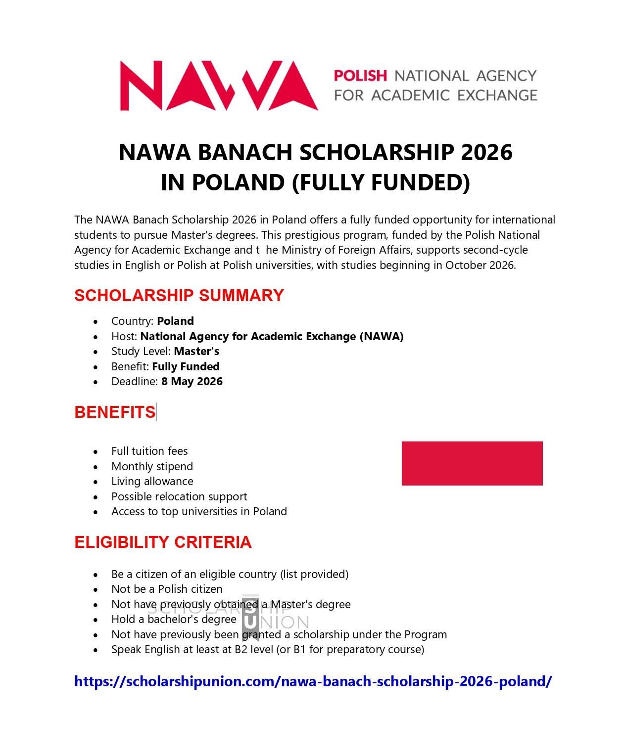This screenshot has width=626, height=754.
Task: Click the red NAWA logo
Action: pos(218,86)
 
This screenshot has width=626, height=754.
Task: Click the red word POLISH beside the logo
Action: pos(360,76)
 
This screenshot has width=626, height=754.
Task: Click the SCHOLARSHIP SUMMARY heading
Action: pos(179,295)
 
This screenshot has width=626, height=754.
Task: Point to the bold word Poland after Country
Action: pos(175,321)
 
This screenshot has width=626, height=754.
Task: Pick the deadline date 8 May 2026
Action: pos(192,381)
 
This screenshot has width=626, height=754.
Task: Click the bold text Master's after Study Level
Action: pos(196,351)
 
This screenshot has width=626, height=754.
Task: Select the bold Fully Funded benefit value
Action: pos(186,366)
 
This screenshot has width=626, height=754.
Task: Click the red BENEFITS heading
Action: pos(115,412)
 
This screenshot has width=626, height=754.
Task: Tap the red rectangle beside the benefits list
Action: pos(472,463)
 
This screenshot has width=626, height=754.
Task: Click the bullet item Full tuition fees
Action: pos(149,451)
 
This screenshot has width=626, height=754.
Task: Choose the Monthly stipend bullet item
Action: pos(152,466)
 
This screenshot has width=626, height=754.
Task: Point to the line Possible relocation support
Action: pos(179,496)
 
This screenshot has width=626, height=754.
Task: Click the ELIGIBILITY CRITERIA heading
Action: pos(163,542)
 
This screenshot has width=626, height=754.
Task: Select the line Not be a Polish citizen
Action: pos(167,589)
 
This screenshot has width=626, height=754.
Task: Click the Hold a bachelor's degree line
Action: pos(174,619)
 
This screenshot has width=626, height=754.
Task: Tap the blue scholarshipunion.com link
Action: pos(313,681)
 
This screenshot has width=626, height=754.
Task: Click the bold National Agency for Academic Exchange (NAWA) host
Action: pos(272,336)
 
